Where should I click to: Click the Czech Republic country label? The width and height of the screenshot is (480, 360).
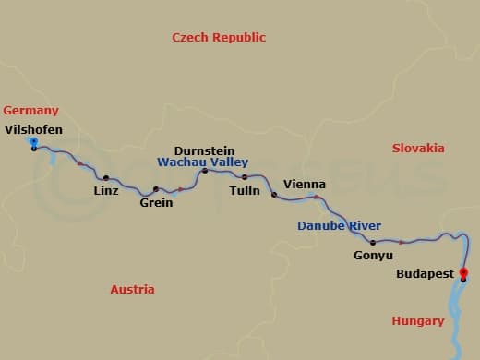(219, 38)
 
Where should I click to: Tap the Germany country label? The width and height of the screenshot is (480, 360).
(31, 109)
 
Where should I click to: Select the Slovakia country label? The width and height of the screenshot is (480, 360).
(418, 148)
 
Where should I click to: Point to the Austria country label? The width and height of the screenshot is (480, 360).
(132, 289)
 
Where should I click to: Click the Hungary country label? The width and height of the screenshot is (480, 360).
(417, 321)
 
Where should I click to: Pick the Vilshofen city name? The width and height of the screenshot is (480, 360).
(33, 129)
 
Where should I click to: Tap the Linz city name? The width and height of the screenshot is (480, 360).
(106, 192)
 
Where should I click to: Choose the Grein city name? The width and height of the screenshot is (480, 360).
(156, 203)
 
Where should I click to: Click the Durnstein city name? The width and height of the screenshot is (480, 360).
(205, 150)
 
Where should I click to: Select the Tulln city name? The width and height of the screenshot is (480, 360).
(244, 191)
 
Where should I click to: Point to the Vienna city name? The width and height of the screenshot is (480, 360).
(305, 184)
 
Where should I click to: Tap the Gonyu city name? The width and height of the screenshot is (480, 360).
(373, 255)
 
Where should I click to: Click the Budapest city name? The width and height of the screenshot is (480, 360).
(425, 274)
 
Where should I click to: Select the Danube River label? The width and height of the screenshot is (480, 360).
(339, 226)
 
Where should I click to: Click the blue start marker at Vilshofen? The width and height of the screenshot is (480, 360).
(34, 142)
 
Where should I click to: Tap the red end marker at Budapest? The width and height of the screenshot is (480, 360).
(463, 272)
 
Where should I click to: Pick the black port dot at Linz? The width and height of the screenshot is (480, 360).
(106, 178)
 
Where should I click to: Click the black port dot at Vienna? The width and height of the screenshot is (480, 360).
(273, 195)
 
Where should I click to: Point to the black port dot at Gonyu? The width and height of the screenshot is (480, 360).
(373, 243)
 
